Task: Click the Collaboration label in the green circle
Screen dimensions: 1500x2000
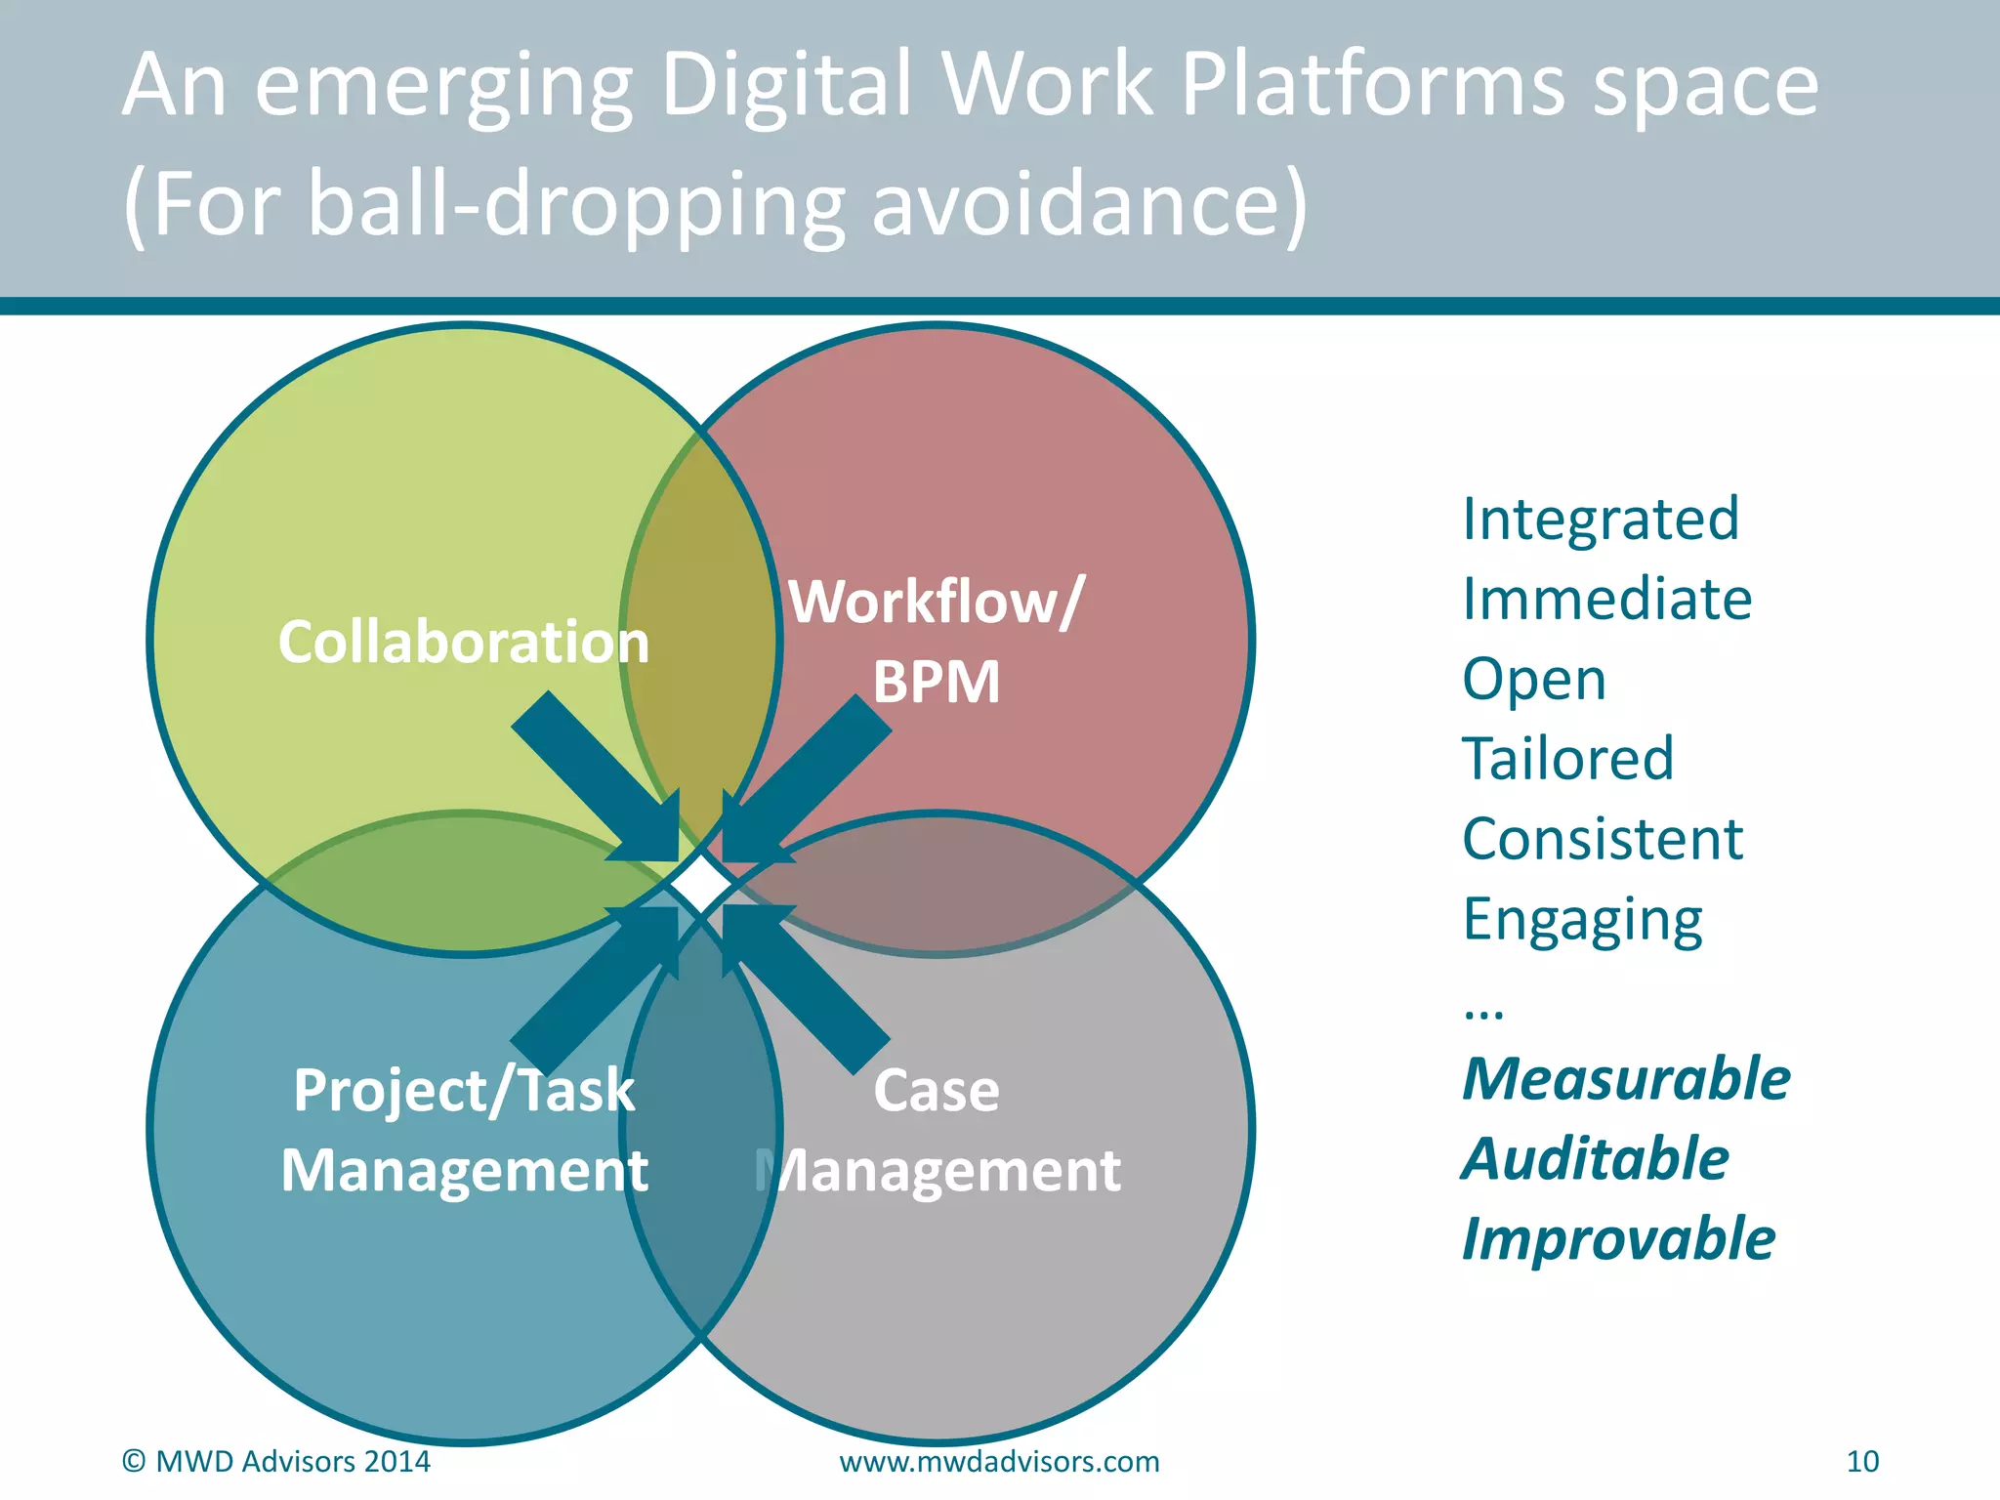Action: pos(464,643)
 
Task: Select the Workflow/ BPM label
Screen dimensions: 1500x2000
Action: pos(936,642)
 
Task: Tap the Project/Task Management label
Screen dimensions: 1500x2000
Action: pos(464,1130)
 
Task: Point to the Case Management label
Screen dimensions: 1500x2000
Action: pos(937,1130)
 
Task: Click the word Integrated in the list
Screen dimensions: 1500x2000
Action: pos(1601,519)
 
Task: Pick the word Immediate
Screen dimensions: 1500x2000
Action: pos(1606,599)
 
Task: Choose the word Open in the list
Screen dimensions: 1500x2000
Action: pos(1533,679)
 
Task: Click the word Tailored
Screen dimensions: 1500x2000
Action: pos(1567,759)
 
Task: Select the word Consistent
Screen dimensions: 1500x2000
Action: pos(1603,839)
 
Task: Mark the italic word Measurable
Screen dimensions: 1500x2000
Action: pos(1626,1079)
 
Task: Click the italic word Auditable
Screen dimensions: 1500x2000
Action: pos(1595,1159)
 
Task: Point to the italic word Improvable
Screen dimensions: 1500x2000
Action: pos(1618,1239)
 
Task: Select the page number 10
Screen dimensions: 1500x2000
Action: pos(1862,1461)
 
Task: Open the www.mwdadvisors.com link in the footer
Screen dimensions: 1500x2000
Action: pos(999,1461)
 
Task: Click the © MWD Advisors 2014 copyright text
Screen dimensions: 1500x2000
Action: pos(275,1461)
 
